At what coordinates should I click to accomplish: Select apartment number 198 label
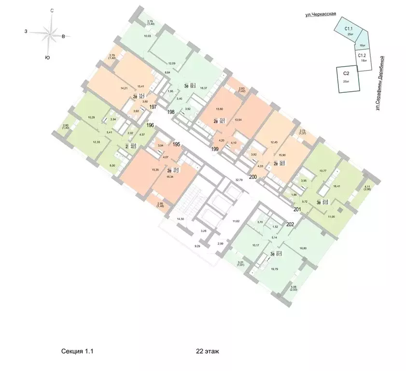[170, 112]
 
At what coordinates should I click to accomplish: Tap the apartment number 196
[150, 125]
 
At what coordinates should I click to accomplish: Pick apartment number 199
[215, 149]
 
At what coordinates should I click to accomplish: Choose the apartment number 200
[252, 177]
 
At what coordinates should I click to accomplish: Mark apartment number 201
[298, 209]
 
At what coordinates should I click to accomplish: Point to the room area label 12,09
[171, 63]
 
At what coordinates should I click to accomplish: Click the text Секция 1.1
[77, 352]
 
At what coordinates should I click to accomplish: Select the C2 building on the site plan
[347, 77]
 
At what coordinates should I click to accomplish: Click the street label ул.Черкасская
[317, 15]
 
